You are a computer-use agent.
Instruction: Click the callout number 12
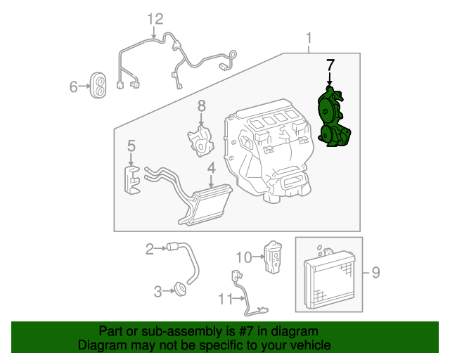click(155, 19)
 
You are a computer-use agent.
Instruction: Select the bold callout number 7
click(330, 65)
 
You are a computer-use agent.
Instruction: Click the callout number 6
click(74, 87)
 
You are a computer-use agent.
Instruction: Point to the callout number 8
click(201, 106)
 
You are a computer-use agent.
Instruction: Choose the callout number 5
click(131, 146)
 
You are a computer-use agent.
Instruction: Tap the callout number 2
click(150, 248)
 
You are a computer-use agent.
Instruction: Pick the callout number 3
click(158, 289)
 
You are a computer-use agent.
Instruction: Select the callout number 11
click(224, 300)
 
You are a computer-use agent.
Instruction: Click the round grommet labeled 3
click(179, 288)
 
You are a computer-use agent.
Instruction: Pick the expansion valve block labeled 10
click(271, 257)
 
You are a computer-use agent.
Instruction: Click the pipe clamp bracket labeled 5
click(132, 179)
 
